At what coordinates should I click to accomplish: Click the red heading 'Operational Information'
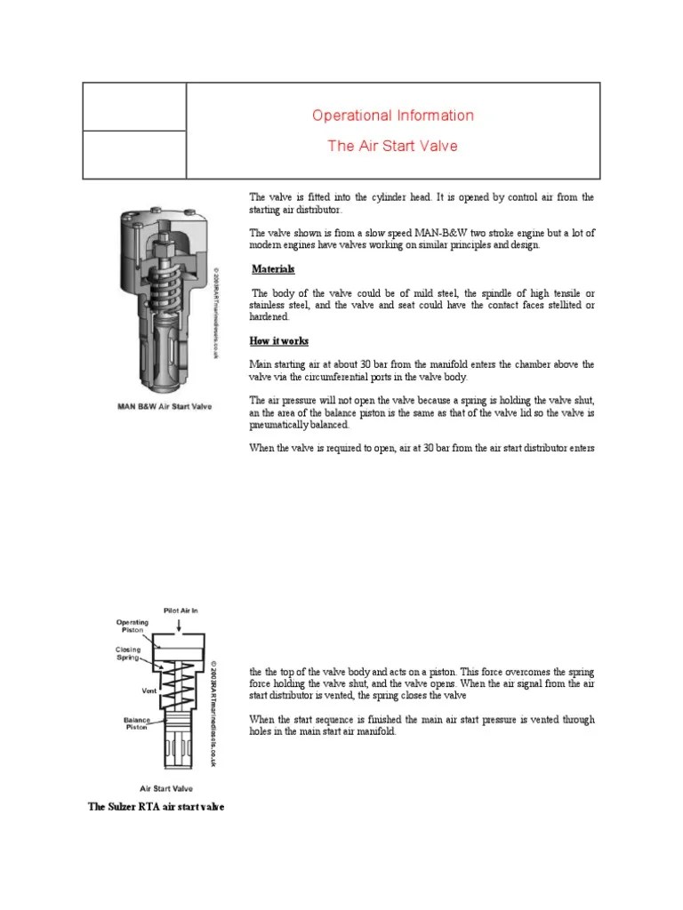[x=392, y=116]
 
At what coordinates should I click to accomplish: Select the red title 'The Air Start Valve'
[x=392, y=146]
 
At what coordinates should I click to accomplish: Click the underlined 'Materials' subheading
[x=273, y=269]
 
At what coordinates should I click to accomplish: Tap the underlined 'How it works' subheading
[x=279, y=341]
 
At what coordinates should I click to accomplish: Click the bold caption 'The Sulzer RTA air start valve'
[x=156, y=807]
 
